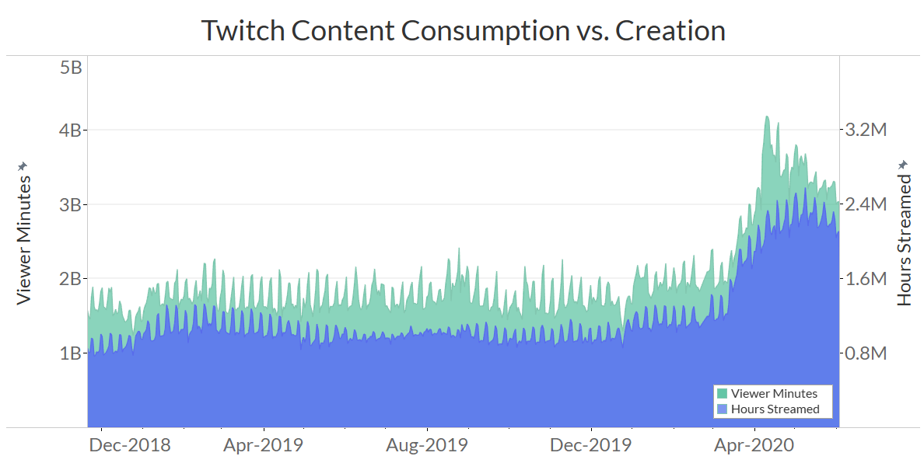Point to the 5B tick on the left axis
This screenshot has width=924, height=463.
click(71, 68)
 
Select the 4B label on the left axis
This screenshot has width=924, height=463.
click(71, 130)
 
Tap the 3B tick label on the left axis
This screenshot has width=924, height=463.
click(71, 204)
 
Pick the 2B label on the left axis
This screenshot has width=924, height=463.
click(71, 278)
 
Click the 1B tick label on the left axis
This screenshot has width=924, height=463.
click(71, 353)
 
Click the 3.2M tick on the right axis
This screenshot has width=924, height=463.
click(866, 130)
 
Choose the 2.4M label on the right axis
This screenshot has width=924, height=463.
click(866, 204)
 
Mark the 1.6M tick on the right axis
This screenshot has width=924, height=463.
click(866, 278)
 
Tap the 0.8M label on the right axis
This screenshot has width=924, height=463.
click(866, 353)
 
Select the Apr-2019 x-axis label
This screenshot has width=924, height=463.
click(264, 446)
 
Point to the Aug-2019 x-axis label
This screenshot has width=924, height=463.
click(428, 446)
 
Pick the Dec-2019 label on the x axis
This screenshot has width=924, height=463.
click(591, 446)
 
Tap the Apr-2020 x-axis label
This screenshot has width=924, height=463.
click(754, 446)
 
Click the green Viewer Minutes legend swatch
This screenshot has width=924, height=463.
click(723, 394)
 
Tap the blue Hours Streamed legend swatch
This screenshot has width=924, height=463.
click(723, 409)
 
